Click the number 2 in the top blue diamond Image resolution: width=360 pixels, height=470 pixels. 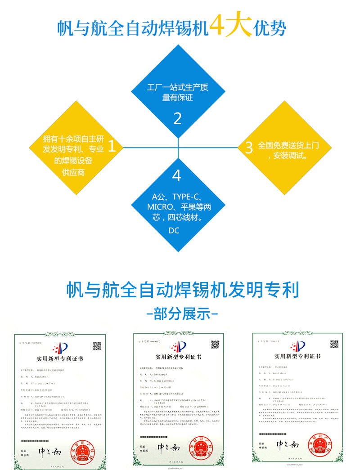click(177, 118)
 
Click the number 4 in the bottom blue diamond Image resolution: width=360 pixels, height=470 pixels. click(176, 176)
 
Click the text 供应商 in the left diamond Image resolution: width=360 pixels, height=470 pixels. click(73, 172)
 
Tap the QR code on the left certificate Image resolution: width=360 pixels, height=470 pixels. click(97, 346)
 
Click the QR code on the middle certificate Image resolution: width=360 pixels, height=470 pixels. click(215, 345)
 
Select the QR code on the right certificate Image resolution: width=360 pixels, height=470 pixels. click(334, 344)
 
